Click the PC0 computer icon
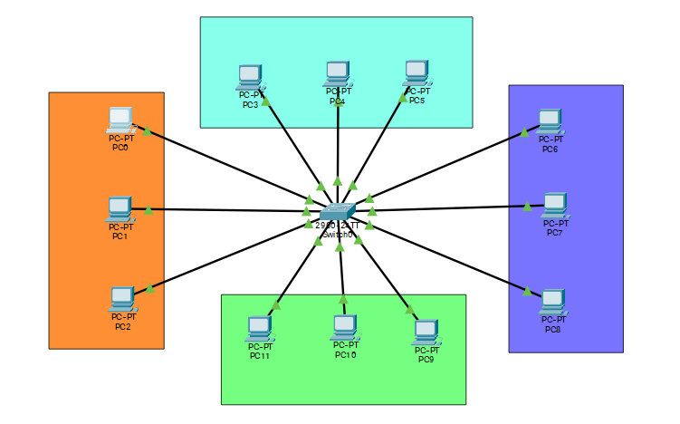[x=120, y=119]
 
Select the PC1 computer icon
[x=120, y=208]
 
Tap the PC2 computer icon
[x=122, y=297]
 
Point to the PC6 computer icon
[x=550, y=120]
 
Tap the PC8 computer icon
[x=551, y=301]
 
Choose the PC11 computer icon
[x=259, y=328]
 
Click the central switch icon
[x=338, y=210]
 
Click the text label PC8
[x=552, y=329]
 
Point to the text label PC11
[x=260, y=356]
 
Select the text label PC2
[x=122, y=326]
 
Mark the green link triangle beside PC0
[x=147, y=130]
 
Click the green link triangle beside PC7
[x=527, y=206]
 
